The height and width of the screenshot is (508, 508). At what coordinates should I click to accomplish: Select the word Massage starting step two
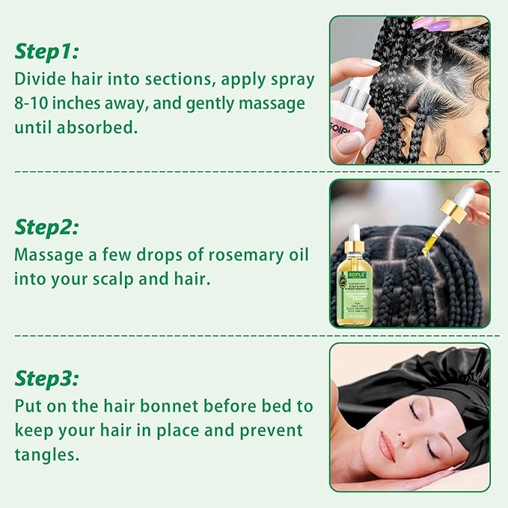pyautogui.click(x=48, y=254)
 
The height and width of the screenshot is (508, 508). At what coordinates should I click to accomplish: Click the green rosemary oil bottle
pyautogui.click(x=357, y=288)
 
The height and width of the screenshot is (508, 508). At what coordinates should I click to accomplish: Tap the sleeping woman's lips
pyautogui.click(x=387, y=448)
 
